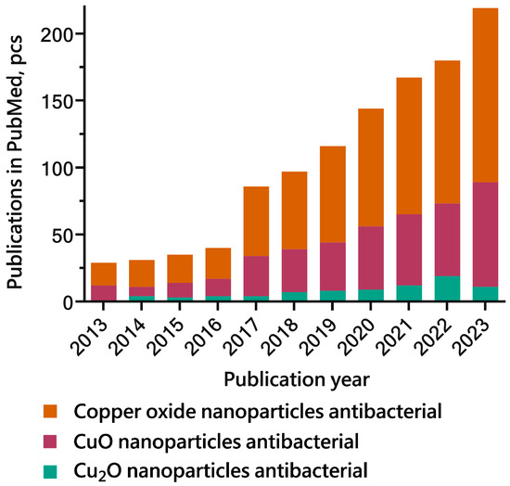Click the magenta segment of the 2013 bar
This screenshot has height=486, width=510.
[104, 292]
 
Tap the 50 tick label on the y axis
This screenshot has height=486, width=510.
[62, 235]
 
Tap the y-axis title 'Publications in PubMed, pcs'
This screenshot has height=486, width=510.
[19, 160]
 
